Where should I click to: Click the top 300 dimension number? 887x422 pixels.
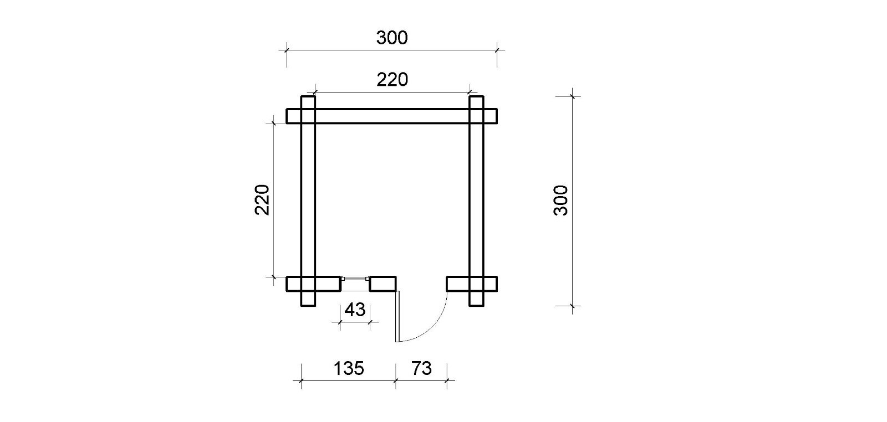391,38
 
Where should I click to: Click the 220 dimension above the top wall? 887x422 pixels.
392,80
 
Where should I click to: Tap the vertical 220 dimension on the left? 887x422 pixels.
262,200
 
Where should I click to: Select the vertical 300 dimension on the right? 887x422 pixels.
560,200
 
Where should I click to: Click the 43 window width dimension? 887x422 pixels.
355,310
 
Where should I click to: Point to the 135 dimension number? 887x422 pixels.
349,369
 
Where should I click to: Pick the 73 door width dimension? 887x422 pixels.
421,369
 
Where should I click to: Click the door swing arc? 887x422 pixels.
432,328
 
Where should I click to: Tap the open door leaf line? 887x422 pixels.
397,316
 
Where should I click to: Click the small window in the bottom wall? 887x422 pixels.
355,279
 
